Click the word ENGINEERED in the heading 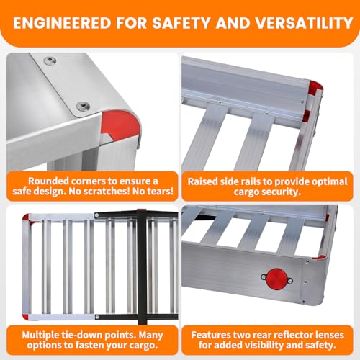pyautogui.click(x=63, y=23)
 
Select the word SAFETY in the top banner pyautogui.click(x=181, y=23)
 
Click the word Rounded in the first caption pyautogui.click(x=48, y=181)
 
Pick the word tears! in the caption pyautogui.click(x=161, y=192)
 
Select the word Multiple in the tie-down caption pyautogui.click(x=40, y=335)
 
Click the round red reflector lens pyautogui.click(x=277, y=279)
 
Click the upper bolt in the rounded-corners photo pyautogui.click(x=50, y=60)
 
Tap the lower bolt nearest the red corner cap pyautogui.click(x=83, y=106)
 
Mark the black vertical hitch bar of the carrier pyautogui.click(x=142, y=266)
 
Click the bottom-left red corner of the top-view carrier pyautogui.click(x=25, y=316)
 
